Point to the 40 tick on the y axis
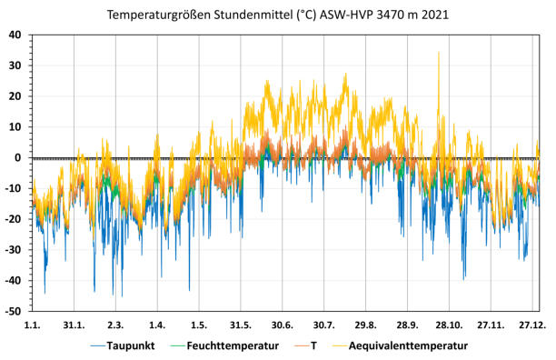pos(15,35)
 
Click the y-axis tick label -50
pos(14,311)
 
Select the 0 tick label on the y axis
pos(19,157)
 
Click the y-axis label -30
pos(14,250)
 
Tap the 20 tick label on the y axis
pos(15,96)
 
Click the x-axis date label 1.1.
pos(32,325)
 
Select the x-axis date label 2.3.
pos(115,325)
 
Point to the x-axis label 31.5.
pos(241,325)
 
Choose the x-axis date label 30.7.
pos(324,325)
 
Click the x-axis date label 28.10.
pos(449,325)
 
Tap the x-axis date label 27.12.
pos(532,325)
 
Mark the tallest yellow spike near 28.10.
pos(439,53)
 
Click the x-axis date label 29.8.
pos(366,325)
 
